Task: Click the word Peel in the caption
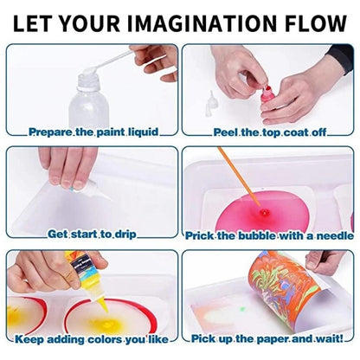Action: coord(228,132)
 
